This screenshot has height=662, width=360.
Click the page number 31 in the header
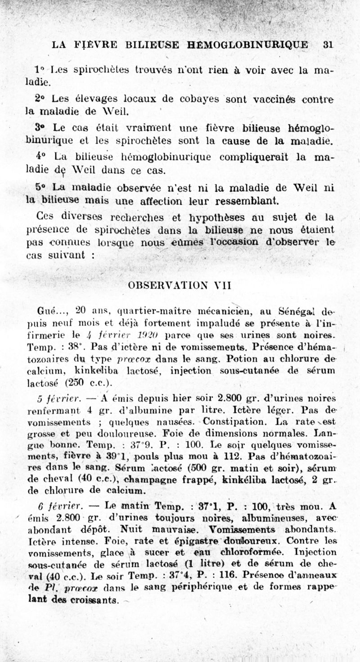pos(328,45)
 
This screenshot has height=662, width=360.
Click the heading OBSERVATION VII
pos(180,285)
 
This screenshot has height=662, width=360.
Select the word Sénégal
pos(298,311)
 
